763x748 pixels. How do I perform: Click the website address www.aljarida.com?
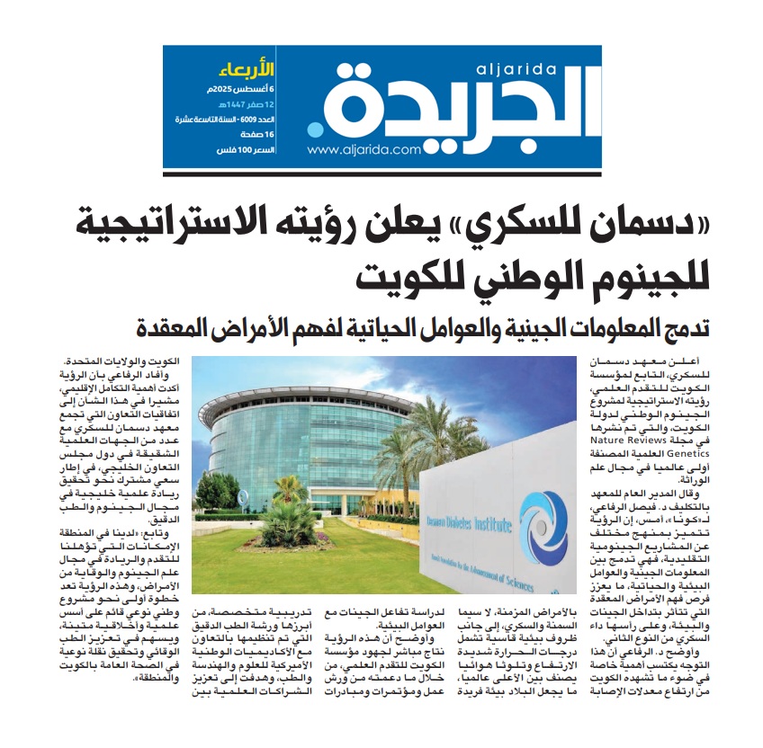364,150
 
